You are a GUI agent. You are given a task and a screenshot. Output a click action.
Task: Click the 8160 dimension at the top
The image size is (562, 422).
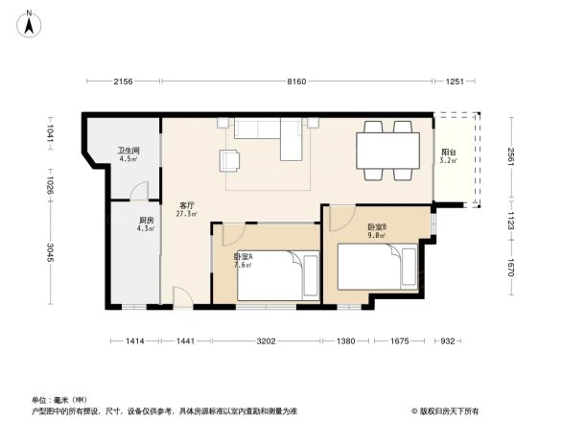(297, 82)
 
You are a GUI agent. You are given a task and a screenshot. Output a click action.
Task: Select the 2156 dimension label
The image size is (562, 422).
(123, 82)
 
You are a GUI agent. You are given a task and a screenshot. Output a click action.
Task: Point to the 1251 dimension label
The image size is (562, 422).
(455, 82)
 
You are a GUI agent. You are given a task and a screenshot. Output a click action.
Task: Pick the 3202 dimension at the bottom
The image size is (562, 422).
(266, 341)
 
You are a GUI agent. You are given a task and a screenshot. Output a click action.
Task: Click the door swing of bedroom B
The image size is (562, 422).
(339, 219)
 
